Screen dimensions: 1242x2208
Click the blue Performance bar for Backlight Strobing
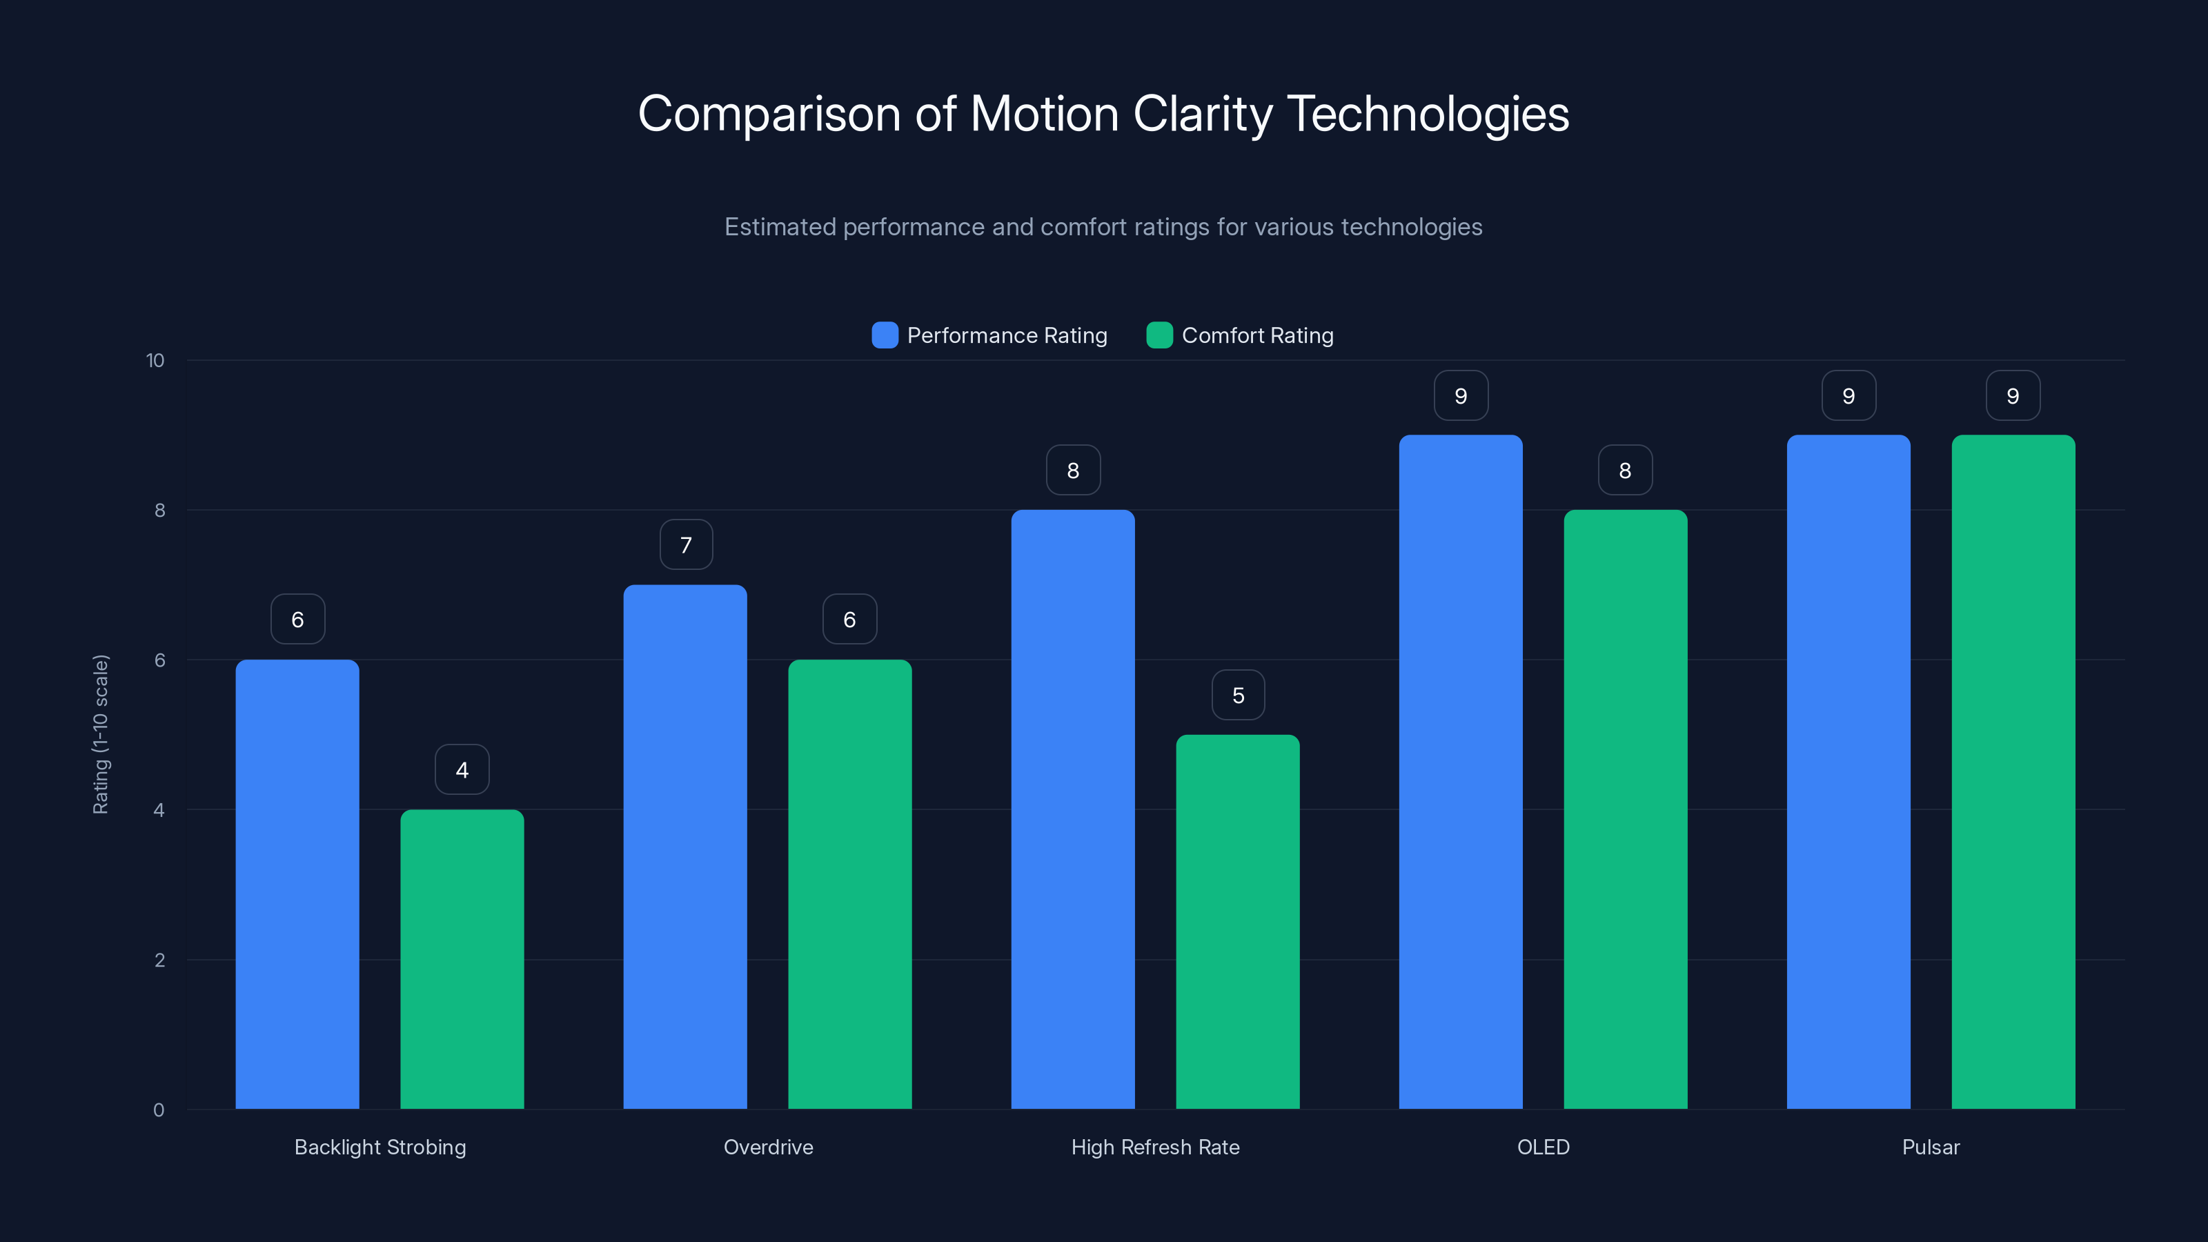[297, 883]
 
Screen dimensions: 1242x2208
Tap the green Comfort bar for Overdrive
[849, 883]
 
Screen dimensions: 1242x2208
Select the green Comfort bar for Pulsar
[2013, 771]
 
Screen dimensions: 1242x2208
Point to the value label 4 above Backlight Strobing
[462, 770]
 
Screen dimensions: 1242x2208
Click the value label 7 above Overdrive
[686, 544]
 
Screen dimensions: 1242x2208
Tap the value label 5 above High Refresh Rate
[1238, 695]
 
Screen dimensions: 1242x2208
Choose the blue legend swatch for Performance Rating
[885, 335]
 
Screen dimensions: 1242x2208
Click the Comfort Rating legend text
[1256, 335]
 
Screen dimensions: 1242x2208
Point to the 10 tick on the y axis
[155, 360]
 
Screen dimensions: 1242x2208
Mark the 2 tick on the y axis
[159, 960]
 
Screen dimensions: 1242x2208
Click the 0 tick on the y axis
[159, 1110]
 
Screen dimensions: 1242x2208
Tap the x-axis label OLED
[1543, 1147]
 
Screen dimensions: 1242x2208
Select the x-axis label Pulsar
[1931, 1147]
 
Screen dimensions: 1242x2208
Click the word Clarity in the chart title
[1203, 114]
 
